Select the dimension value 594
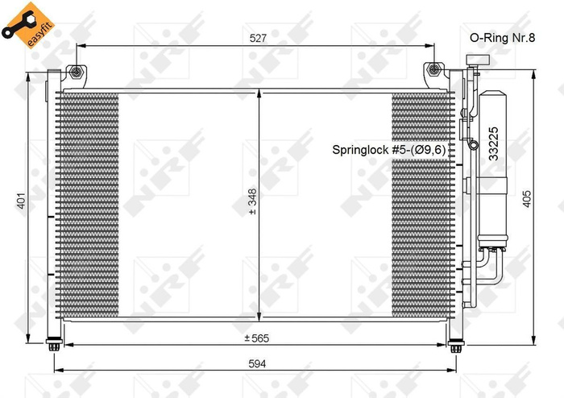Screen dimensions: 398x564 click(256, 364)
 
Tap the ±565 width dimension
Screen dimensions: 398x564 click(256, 338)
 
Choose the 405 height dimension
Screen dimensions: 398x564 click(526, 200)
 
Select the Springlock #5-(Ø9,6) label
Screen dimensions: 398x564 click(390, 150)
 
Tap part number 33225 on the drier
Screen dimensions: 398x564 click(493, 144)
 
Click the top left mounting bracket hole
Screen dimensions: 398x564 click(77, 72)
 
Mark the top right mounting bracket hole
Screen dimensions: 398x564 click(436, 72)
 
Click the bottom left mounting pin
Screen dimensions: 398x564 click(55, 347)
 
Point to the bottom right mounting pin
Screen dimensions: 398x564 click(457, 347)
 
